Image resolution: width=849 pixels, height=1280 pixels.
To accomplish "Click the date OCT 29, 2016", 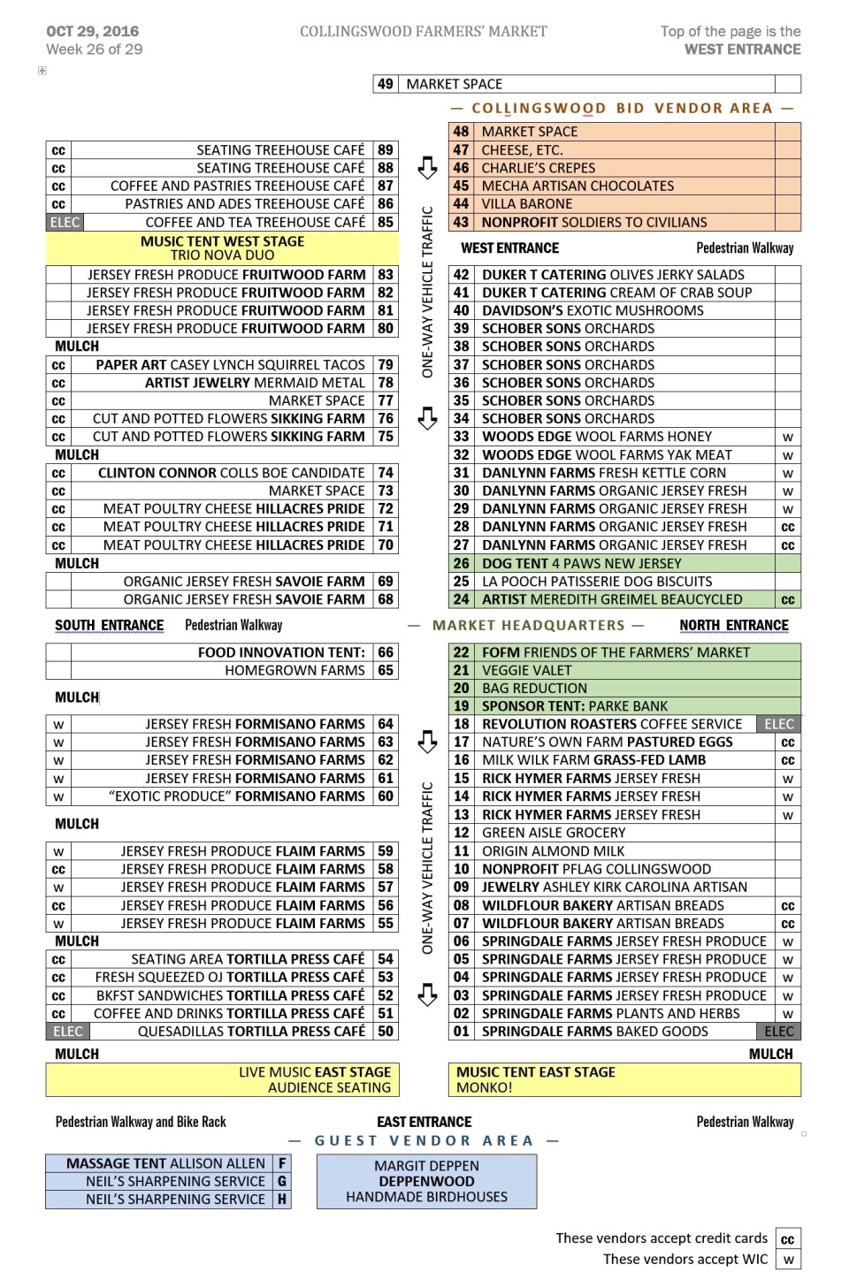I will (93, 31).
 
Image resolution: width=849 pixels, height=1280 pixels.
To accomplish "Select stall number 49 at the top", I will (385, 84).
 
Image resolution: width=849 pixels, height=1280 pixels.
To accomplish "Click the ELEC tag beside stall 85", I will (65, 223).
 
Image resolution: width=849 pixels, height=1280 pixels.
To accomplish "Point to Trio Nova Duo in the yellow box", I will (222, 255).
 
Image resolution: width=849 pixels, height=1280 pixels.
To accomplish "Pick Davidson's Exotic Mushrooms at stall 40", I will (593, 310).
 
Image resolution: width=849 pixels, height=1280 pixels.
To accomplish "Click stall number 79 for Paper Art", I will (386, 365).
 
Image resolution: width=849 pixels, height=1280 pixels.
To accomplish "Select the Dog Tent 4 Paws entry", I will (581, 563).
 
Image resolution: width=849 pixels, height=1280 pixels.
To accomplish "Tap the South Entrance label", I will (109, 626).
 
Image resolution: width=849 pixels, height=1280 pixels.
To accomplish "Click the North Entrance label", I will (733, 626).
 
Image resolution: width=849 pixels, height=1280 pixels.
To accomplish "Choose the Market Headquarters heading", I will (528, 626).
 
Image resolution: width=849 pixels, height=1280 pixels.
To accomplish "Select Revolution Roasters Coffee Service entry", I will (611, 724).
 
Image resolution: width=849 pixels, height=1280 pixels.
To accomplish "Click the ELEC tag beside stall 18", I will (778, 724).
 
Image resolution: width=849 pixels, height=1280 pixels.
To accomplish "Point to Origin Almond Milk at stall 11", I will (553, 851).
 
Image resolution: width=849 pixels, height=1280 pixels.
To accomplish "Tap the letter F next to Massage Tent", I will (282, 1163).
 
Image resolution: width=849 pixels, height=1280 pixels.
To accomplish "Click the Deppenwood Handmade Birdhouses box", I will (426, 1181).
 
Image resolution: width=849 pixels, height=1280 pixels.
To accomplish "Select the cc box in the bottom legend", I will (787, 1239).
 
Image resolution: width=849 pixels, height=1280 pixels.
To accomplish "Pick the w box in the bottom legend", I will (787, 1260).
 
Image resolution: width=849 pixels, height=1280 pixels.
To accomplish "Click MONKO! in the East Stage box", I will (484, 1088).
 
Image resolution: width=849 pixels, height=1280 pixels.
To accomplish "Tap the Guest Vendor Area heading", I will (424, 1141).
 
